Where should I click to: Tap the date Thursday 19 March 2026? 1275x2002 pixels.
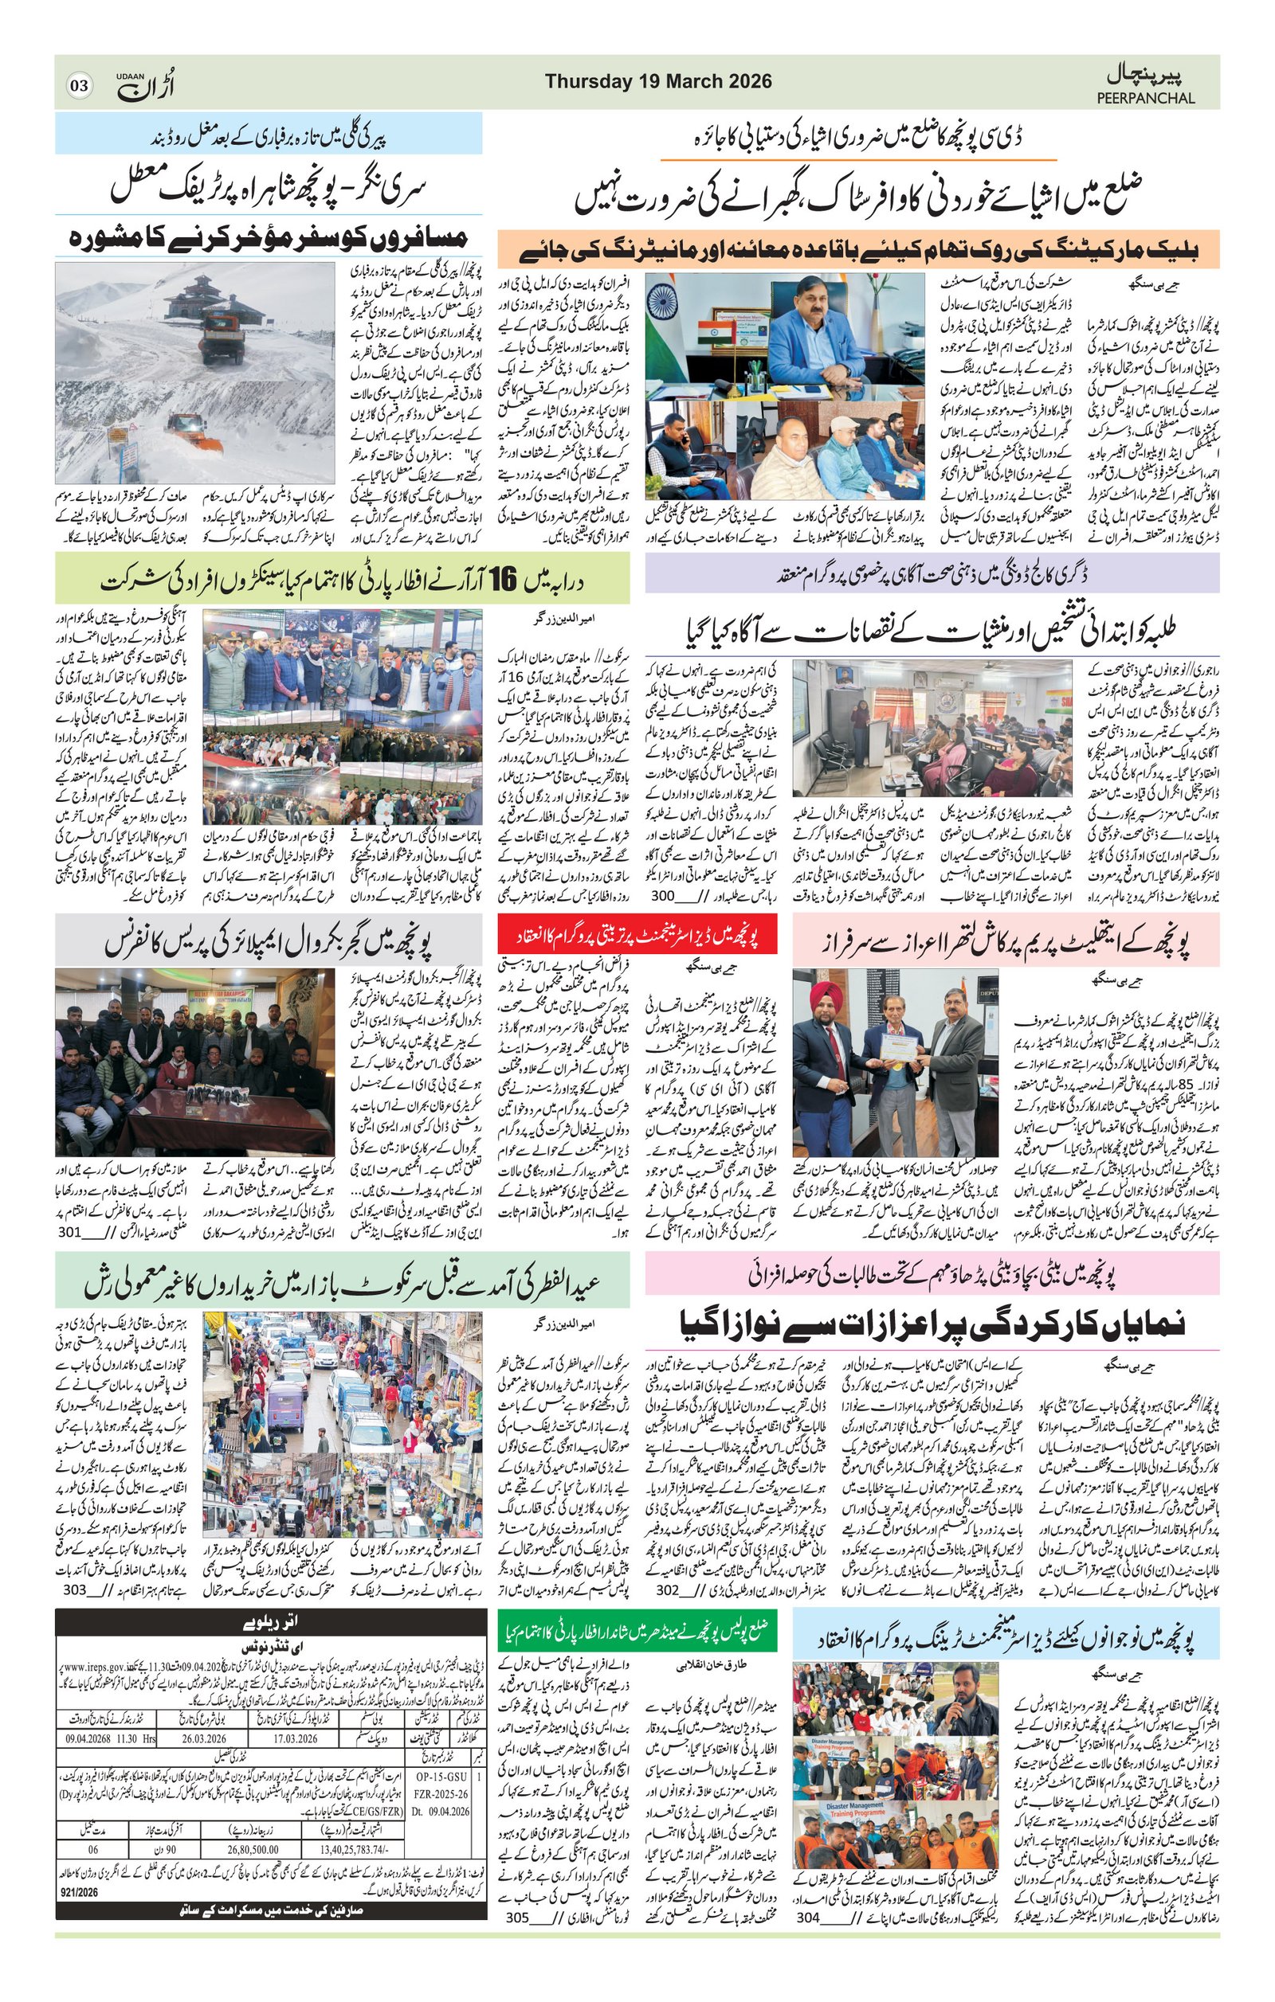coord(658,81)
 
